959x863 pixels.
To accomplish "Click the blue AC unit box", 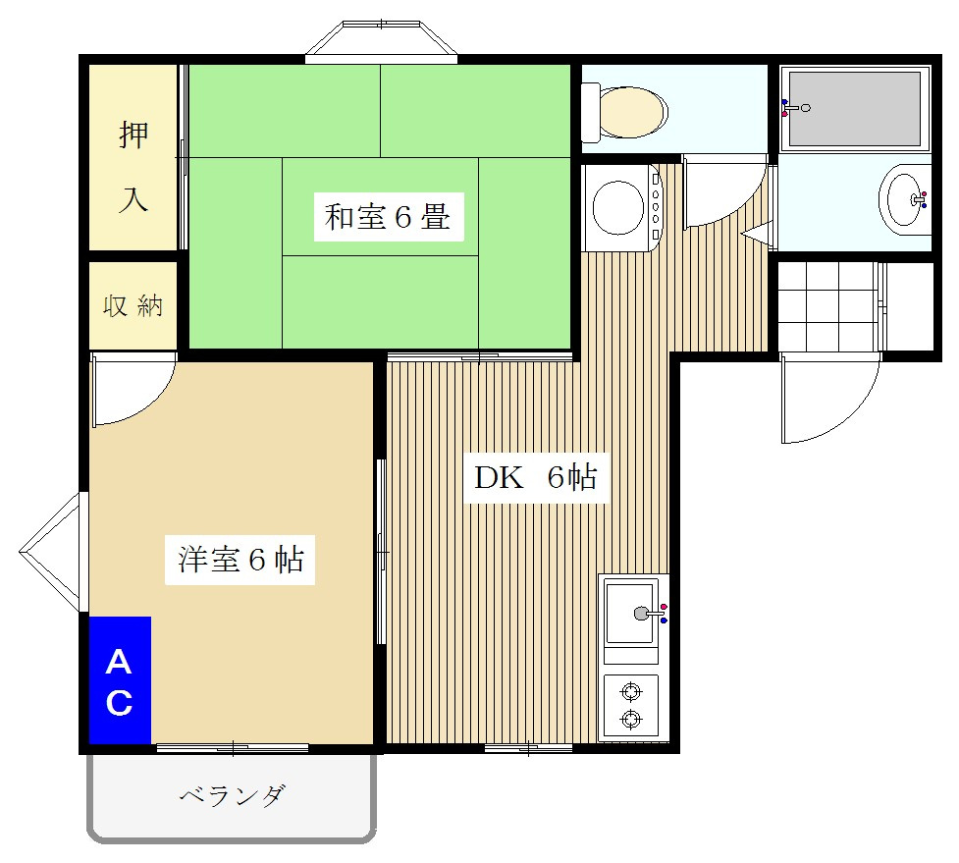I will tap(120, 680).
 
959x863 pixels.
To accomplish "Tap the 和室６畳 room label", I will tap(388, 218).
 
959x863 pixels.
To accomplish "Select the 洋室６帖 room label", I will tap(240, 560).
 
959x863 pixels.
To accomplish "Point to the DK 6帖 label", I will tap(536, 478).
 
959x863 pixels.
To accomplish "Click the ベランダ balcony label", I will tap(232, 795).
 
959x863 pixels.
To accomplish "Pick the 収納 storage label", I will tap(133, 305).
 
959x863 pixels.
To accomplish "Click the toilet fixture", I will tap(625, 112).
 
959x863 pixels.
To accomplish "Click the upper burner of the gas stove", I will tap(631, 691).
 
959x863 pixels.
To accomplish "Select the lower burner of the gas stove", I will tap(631, 720).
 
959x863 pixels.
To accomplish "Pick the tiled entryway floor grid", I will tap(827, 305).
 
